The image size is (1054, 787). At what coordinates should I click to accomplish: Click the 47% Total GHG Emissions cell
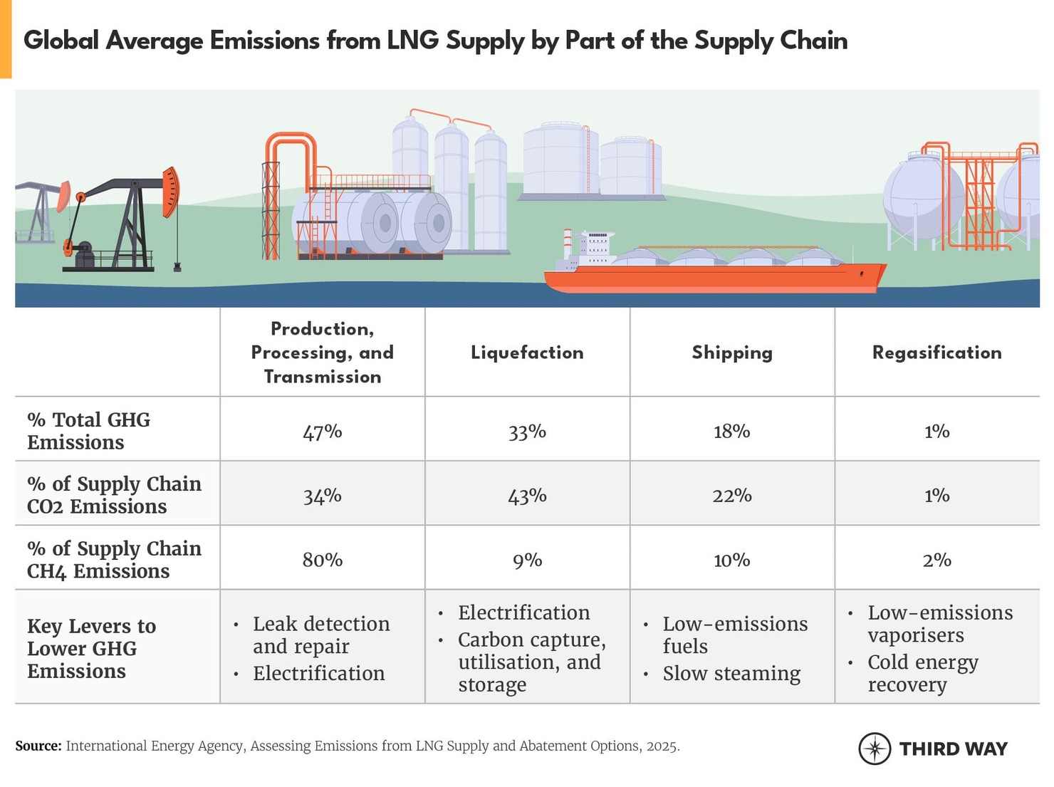click(x=322, y=432)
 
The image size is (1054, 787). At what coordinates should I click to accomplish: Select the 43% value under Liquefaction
click(x=527, y=496)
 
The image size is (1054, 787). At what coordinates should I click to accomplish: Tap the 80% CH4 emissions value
click(x=322, y=560)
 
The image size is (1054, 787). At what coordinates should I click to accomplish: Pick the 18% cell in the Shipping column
click(x=731, y=432)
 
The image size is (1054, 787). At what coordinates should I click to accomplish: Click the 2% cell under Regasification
click(x=936, y=560)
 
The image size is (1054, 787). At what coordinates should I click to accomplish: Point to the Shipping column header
click(x=731, y=353)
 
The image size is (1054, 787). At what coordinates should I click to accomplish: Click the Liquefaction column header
click(x=527, y=353)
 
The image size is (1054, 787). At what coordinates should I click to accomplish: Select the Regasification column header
click(x=936, y=353)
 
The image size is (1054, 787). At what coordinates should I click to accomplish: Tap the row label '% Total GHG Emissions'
click(x=88, y=431)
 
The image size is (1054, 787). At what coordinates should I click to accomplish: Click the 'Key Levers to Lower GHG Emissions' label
click(x=91, y=648)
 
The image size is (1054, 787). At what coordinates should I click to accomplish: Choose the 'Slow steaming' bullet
click(x=731, y=673)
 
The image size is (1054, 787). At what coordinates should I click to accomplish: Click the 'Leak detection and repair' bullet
click(x=320, y=635)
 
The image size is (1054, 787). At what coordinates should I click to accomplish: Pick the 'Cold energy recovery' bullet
click(x=922, y=673)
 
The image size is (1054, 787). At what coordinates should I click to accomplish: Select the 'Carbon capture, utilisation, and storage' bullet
click(x=531, y=662)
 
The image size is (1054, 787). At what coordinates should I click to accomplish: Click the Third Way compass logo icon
click(x=874, y=749)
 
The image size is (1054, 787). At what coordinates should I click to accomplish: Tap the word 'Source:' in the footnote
click(x=38, y=746)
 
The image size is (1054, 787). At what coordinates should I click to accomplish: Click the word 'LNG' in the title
click(x=412, y=41)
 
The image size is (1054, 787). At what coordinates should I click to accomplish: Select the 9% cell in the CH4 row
click(x=527, y=560)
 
